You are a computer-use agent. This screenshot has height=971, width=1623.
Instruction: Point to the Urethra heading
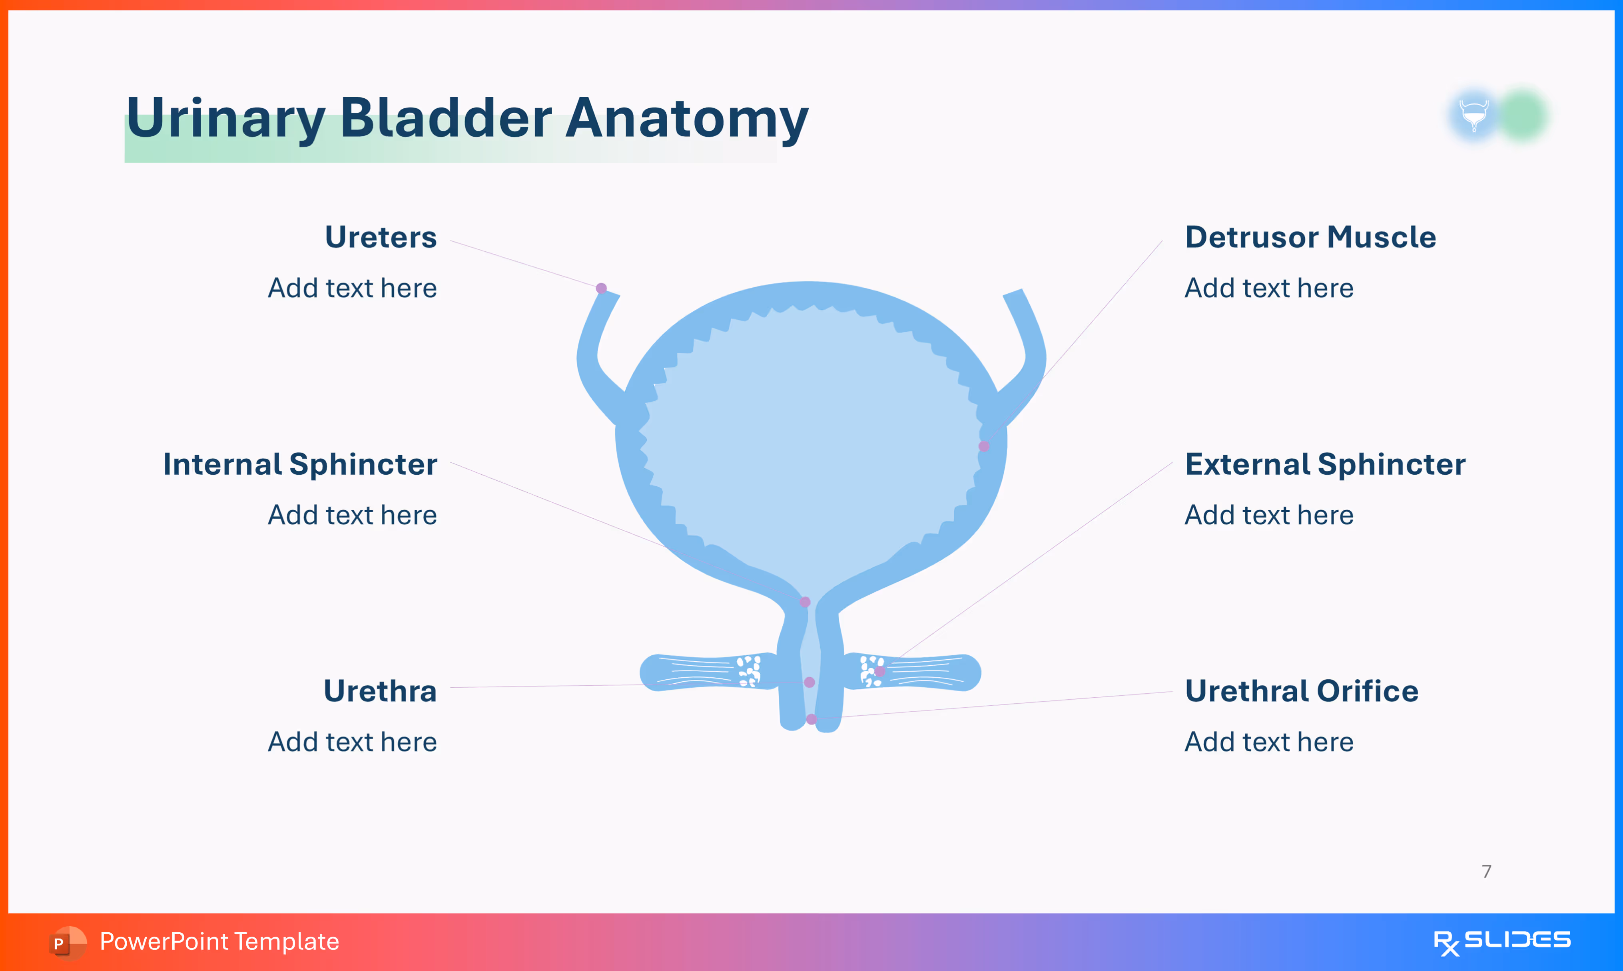pos(380,691)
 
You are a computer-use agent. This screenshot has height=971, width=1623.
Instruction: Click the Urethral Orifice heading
pos(1302,691)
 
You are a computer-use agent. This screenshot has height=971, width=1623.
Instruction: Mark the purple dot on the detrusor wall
pos(984,446)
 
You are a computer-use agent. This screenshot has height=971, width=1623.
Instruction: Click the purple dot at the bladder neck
pos(805,602)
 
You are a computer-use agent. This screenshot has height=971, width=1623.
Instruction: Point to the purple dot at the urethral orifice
pos(811,719)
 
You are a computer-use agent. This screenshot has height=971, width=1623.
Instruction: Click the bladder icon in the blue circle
pos(1474,115)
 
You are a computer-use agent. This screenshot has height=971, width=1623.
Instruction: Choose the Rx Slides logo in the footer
pos(1501,941)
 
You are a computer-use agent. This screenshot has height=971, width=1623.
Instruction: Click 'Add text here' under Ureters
pos(352,288)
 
